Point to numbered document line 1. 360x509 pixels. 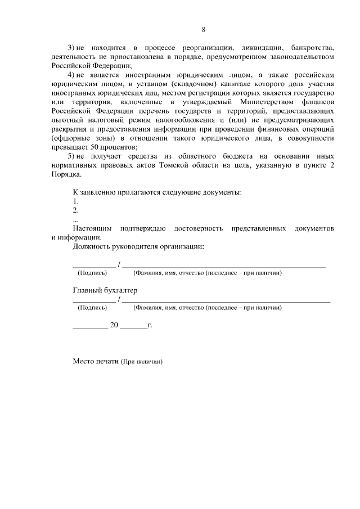75,201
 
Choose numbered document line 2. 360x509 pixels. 75,210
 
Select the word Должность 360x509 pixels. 92,246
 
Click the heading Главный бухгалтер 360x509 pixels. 105,290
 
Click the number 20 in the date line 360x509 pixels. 115,325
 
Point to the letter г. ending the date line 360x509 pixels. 150,325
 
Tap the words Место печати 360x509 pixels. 96,361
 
